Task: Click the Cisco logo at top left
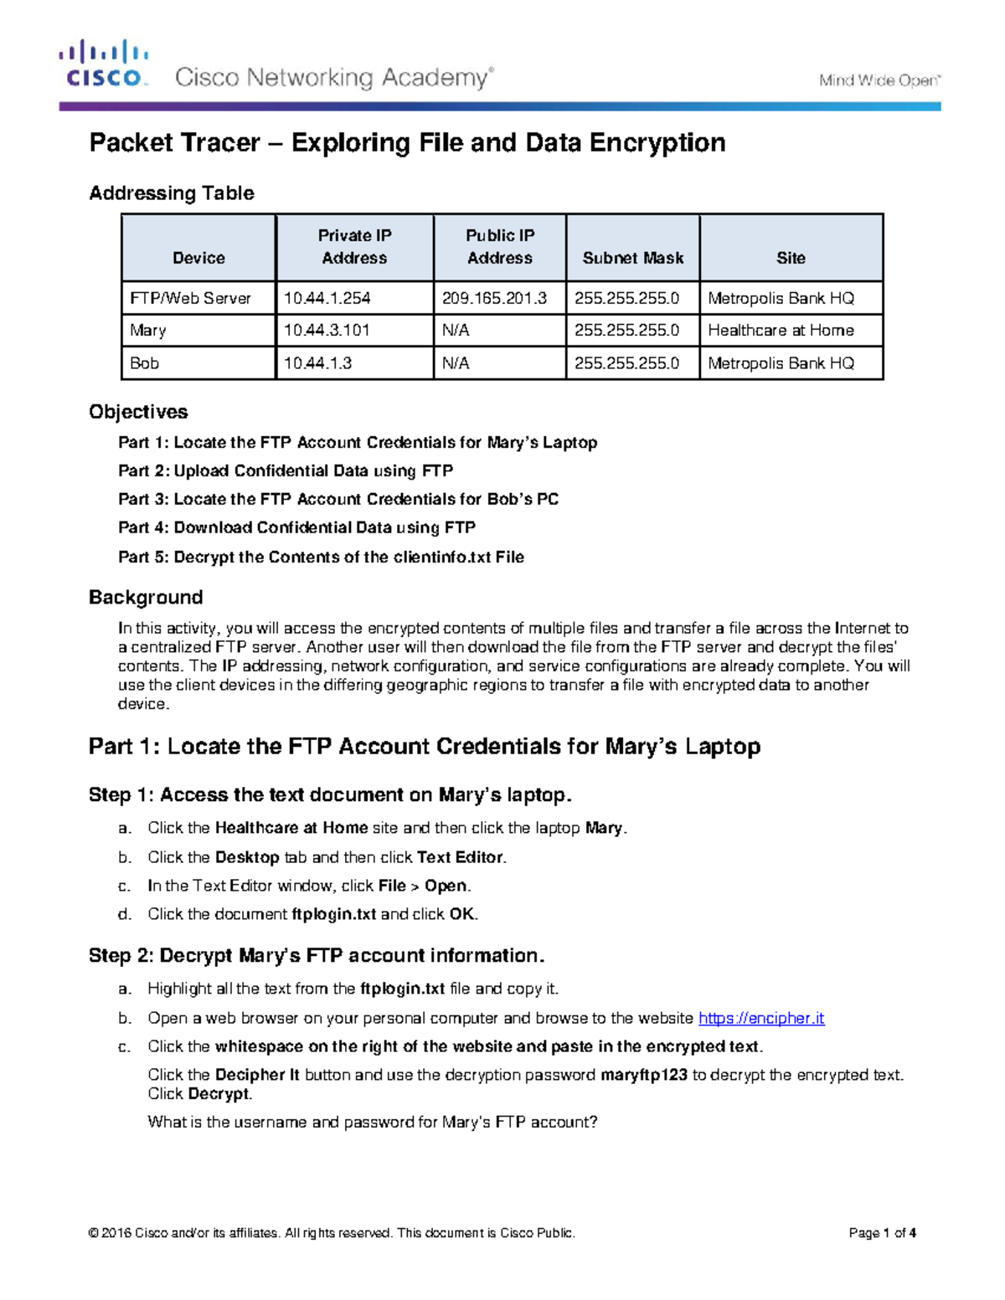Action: [104, 64]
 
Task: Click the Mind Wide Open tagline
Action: [879, 80]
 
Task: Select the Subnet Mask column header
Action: [632, 258]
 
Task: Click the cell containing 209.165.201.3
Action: [499, 298]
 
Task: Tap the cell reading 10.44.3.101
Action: [327, 330]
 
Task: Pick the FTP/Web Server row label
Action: [191, 298]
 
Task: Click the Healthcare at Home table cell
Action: [781, 330]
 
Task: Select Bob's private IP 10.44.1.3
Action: [317, 362]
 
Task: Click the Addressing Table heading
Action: [172, 193]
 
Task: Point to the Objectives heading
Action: [138, 412]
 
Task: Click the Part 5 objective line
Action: [321, 557]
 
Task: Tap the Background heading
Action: [146, 598]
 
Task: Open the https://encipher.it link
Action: [761, 1018]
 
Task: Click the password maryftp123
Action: [645, 1075]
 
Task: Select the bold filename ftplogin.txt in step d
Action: [333, 914]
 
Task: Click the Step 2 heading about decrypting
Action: [317, 956]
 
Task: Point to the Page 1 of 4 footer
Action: [882, 1233]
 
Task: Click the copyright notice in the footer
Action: [332, 1233]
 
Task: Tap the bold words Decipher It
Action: [257, 1075]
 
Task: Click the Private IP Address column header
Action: [354, 247]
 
